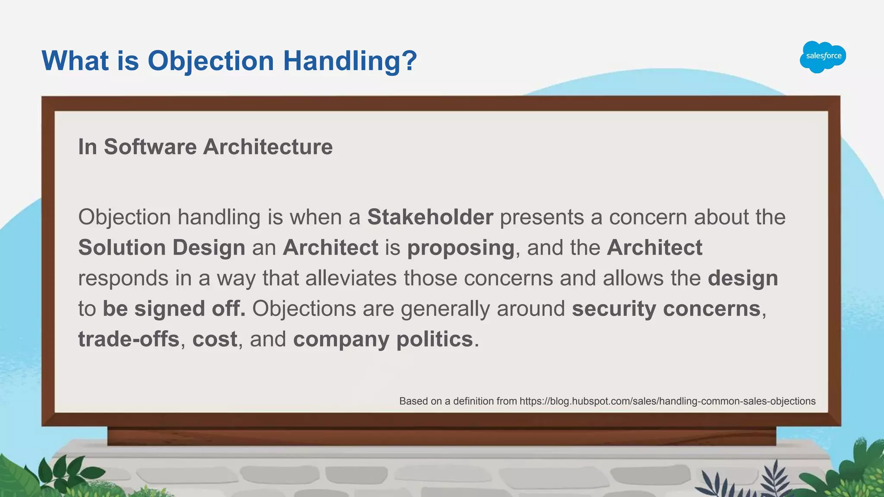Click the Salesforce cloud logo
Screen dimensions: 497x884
point(823,57)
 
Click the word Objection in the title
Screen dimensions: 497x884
point(211,60)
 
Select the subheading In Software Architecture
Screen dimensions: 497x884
point(205,147)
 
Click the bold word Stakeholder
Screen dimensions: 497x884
point(430,217)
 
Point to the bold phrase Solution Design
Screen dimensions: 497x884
point(161,248)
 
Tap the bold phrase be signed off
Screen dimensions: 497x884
point(174,309)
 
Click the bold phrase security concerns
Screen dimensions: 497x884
point(666,309)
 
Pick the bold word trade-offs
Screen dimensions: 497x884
point(129,340)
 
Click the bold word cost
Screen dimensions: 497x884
point(215,340)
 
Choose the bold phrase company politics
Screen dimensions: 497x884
point(383,340)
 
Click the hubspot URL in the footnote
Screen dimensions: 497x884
point(667,401)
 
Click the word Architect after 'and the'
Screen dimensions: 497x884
point(654,248)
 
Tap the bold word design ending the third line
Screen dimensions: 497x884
point(742,278)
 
